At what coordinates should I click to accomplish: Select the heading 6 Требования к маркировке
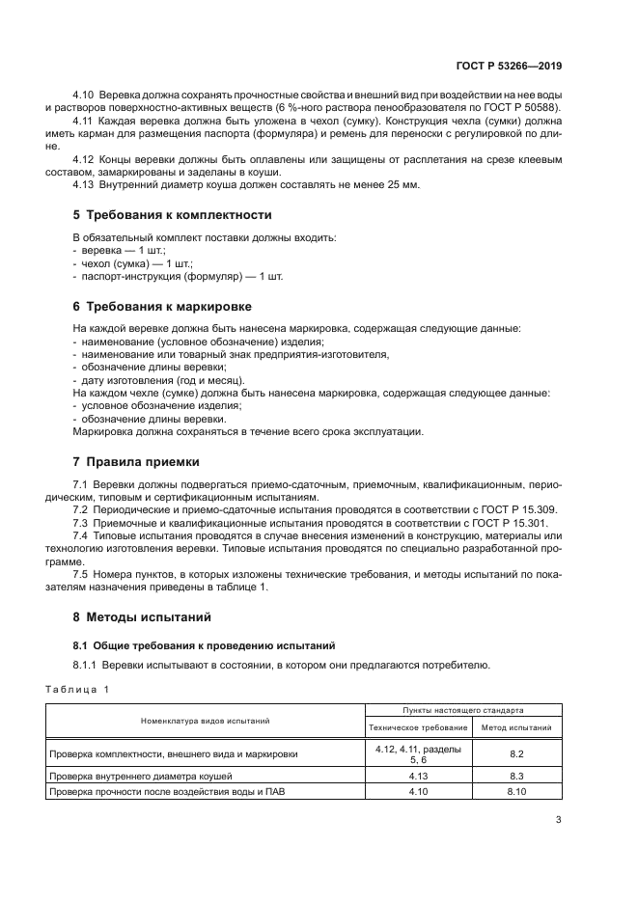coord(162,306)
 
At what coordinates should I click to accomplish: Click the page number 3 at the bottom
coord(558,820)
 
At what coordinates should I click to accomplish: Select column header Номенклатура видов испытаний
coord(205,720)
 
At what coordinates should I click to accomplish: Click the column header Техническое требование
coord(418,727)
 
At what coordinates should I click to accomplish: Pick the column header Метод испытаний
coord(516,727)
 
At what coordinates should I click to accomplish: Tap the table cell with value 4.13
coord(418,775)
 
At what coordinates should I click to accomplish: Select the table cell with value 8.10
coord(516,792)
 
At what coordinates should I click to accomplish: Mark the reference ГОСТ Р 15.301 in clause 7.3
coord(516,521)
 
